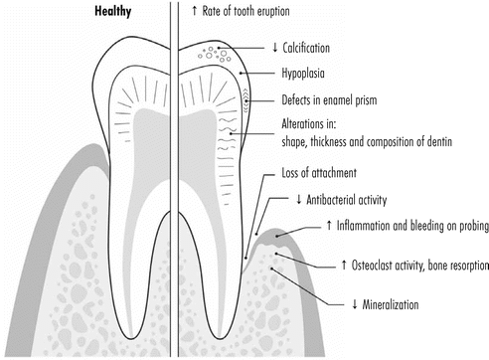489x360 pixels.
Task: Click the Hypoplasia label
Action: [308, 74]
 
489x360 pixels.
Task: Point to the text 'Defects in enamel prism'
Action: [339, 99]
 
